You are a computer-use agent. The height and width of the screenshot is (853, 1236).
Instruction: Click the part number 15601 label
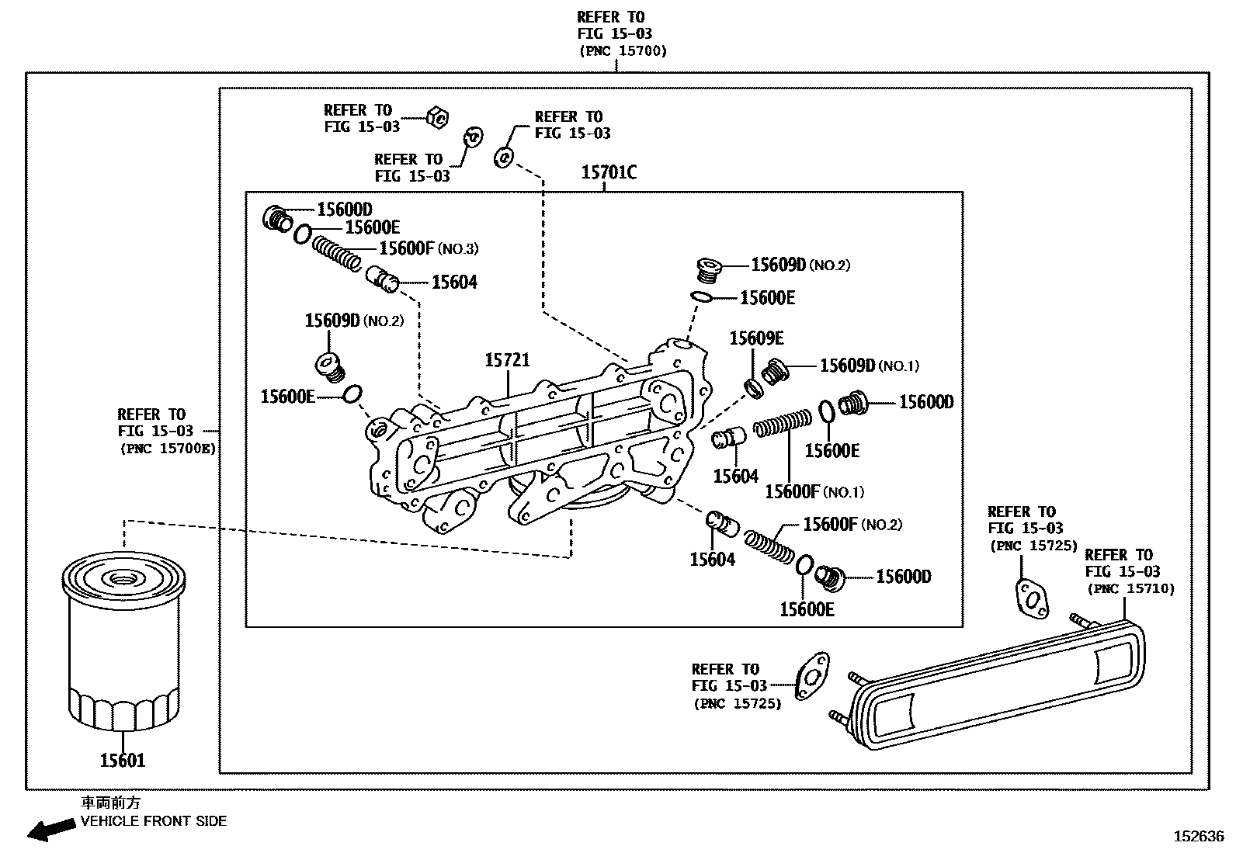point(123,761)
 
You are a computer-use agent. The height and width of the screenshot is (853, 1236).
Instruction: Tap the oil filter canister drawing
point(123,640)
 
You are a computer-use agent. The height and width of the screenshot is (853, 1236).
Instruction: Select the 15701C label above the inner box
point(609,172)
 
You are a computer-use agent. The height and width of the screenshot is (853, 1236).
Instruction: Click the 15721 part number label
point(507,360)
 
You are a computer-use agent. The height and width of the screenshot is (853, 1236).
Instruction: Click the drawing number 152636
point(1198,837)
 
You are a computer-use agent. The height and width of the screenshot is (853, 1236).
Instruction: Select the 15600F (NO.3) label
point(428,248)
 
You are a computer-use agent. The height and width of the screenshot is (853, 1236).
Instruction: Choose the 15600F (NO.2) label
point(852,525)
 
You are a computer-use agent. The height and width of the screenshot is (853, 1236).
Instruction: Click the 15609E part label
point(756,338)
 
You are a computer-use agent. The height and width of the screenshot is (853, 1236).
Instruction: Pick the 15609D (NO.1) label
point(870,366)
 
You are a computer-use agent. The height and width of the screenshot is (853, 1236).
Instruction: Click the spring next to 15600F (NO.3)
point(337,254)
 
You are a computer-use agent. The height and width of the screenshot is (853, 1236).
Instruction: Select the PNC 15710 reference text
point(1131,589)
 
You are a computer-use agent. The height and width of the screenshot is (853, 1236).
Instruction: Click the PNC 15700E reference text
point(168,448)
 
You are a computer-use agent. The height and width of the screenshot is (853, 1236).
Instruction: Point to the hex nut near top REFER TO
point(437,118)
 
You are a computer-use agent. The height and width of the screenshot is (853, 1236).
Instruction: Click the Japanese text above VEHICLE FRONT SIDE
point(111,803)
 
